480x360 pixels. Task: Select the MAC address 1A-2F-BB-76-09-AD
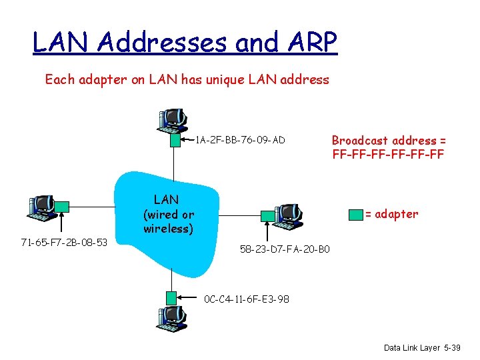click(x=240, y=140)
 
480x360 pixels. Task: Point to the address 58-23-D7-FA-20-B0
click(x=285, y=250)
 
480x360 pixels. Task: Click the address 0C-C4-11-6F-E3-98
click(x=247, y=299)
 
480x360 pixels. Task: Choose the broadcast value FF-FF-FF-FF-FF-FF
click(x=388, y=155)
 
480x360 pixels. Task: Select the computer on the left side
click(x=41, y=207)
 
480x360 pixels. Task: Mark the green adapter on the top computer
click(x=174, y=140)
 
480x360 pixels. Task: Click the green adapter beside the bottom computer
click(x=172, y=297)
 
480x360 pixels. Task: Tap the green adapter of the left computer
click(x=62, y=207)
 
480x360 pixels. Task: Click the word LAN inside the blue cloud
click(x=166, y=199)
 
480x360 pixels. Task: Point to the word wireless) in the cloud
click(x=168, y=229)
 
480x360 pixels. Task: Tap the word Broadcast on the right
click(x=360, y=140)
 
